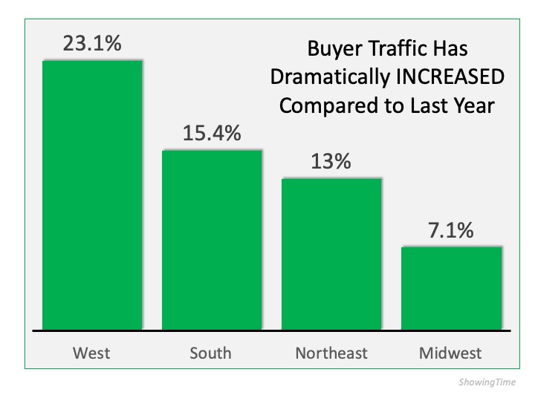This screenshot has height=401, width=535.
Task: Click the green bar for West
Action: tap(92, 195)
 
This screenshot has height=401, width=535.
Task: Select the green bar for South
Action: tap(212, 239)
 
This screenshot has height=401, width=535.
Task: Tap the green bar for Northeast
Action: tap(331, 254)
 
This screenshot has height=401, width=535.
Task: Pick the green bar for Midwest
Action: tap(451, 287)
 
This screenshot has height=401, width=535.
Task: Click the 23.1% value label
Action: tap(92, 43)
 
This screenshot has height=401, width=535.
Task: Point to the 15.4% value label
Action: tap(212, 134)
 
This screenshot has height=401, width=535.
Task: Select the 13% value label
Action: tap(331, 162)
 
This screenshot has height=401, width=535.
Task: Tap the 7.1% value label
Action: tap(451, 230)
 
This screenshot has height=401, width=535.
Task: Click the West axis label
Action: tap(92, 353)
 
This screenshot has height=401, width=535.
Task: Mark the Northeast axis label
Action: tap(331, 353)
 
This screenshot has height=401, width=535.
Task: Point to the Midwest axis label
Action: tap(451, 353)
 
